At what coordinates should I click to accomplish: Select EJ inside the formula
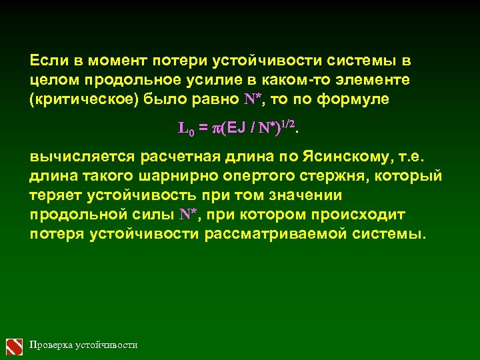tap(237, 128)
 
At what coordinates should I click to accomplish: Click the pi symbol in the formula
tap(215, 129)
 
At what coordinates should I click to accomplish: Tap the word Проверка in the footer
tap(51, 345)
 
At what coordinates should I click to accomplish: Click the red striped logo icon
tap(15, 345)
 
